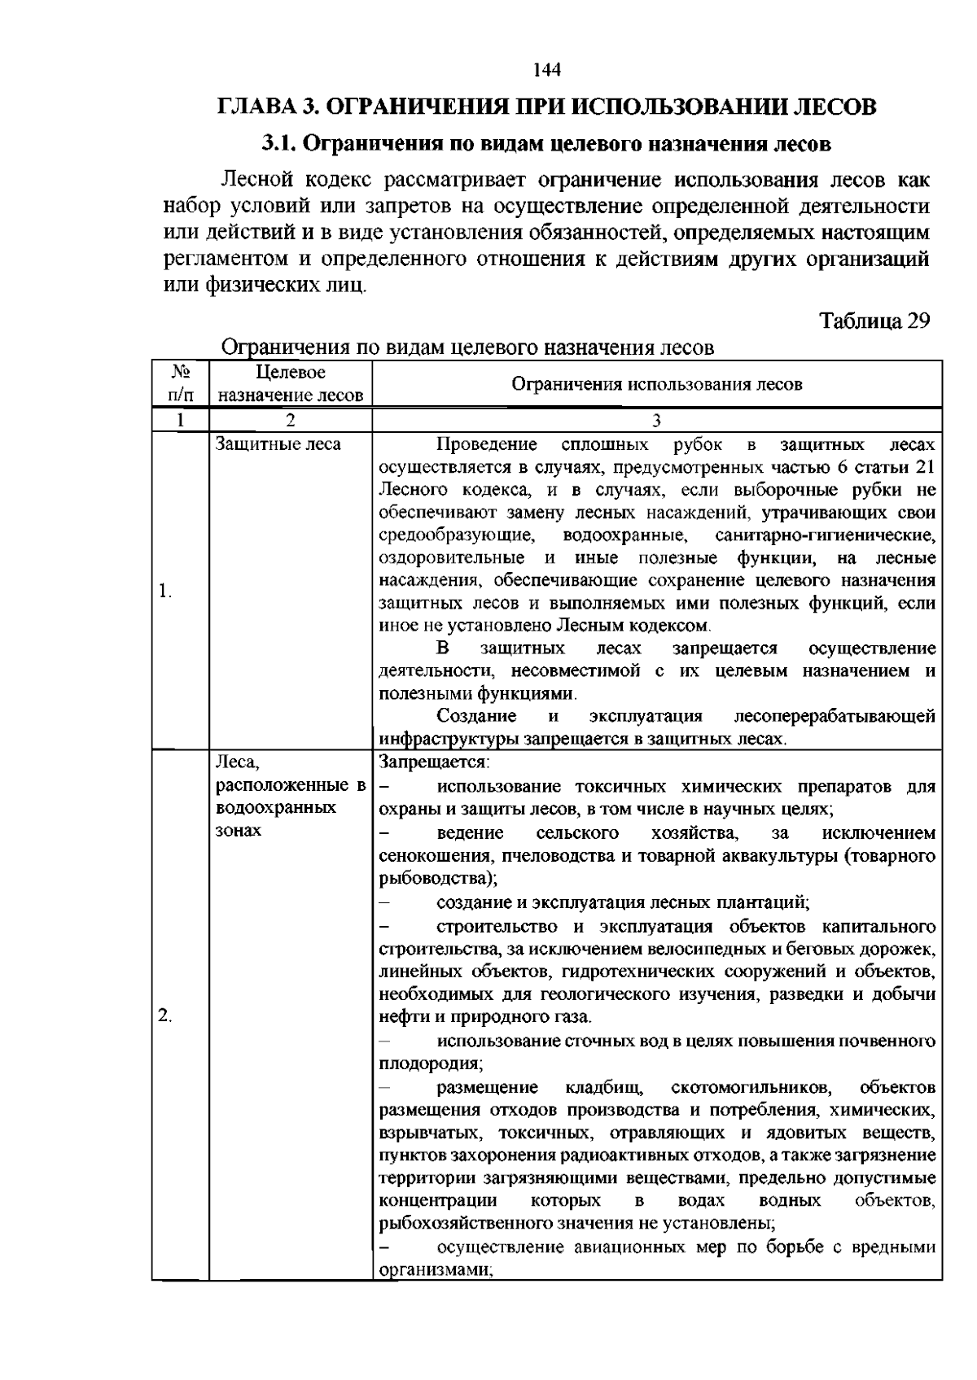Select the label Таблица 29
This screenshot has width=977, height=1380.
tap(874, 321)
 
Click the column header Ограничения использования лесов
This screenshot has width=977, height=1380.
tap(656, 384)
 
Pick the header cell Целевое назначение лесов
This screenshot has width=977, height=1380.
tap(291, 384)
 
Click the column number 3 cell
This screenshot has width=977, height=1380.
tap(656, 420)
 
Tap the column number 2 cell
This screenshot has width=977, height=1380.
tap(291, 420)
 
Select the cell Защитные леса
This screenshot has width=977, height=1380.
tap(278, 444)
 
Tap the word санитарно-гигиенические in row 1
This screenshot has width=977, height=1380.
tap(825, 536)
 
